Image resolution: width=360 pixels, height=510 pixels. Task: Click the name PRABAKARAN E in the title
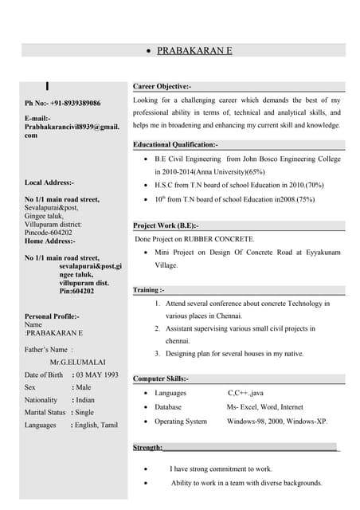click(194, 50)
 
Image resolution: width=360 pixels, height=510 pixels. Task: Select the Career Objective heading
click(162, 85)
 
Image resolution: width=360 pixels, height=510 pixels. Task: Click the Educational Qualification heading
click(175, 144)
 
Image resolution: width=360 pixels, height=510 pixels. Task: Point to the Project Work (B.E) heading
click(166, 226)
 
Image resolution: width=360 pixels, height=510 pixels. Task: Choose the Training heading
click(149, 290)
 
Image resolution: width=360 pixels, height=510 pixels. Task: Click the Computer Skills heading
click(160, 378)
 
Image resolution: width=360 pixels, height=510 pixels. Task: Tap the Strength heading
click(148, 449)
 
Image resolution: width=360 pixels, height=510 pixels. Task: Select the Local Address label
click(49, 182)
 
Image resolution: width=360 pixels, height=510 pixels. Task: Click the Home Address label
click(50, 241)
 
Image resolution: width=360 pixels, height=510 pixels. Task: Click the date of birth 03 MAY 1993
click(97, 375)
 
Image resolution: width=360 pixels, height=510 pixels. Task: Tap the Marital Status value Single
click(84, 413)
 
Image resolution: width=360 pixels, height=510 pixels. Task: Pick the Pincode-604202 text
click(53, 232)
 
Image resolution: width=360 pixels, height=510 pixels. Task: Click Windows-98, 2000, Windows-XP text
click(276, 421)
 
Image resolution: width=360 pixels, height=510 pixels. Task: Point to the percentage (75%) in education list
click(299, 199)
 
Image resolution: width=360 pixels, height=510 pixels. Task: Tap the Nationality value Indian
click(85, 400)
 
